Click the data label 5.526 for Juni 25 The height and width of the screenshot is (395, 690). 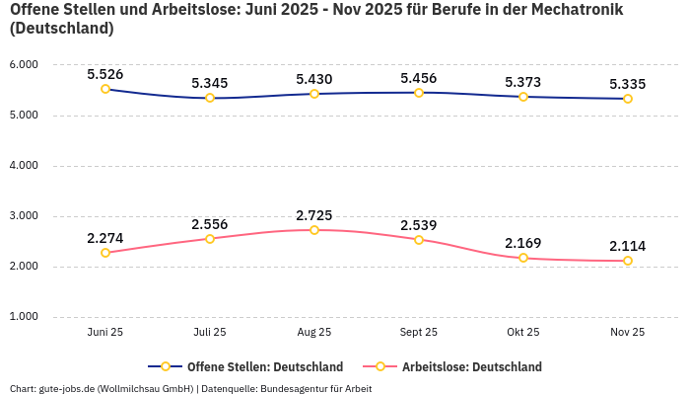tap(105, 74)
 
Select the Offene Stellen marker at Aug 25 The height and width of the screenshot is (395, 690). tap(314, 94)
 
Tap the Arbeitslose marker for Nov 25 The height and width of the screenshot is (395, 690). tap(628, 261)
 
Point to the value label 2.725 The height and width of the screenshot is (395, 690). tap(314, 215)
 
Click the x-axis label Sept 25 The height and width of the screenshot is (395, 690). tap(419, 333)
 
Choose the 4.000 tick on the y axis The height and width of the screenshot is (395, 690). tap(23, 165)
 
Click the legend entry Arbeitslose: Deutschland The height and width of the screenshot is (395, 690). tap(471, 366)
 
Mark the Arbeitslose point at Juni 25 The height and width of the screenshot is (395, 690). tap(105, 253)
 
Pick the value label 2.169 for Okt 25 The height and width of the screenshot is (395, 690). tap(523, 243)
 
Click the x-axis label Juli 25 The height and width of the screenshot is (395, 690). tap(210, 333)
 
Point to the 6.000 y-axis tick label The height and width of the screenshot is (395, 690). tap(23, 64)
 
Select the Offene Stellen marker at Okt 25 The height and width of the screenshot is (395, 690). tap(523, 97)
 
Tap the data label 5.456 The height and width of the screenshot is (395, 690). tap(419, 78)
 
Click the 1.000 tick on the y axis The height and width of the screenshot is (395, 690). tap(23, 317)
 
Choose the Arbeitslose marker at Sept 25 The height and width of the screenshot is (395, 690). tap(419, 240)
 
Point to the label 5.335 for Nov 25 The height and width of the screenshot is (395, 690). tap(628, 84)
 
